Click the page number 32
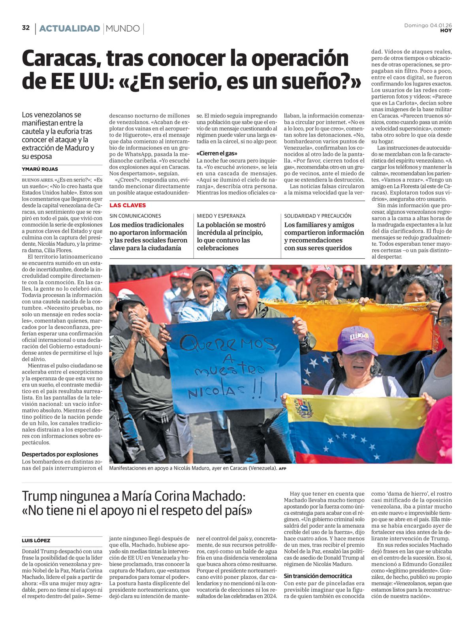[26, 28]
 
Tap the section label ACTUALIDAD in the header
[70, 28]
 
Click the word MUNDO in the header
[123, 28]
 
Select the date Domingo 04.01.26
[428, 25]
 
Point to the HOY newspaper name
[446, 30]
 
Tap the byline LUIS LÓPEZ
[36, 540]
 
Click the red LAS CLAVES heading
[128, 205]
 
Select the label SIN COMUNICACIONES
[135, 216]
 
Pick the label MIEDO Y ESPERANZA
[221, 216]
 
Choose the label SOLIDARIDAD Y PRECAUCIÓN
[318, 216]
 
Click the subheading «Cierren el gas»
[217, 153]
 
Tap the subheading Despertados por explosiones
[60, 454]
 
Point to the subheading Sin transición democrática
[318, 576]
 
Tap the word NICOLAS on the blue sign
[205, 392]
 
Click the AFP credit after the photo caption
[282, 469]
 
